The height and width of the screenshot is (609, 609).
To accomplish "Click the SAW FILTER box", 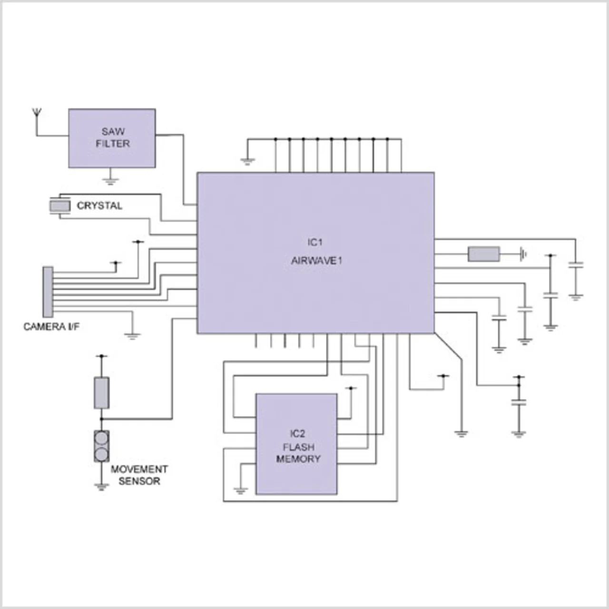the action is (112, 138).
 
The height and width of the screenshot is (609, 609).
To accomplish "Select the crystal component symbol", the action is (60, 206).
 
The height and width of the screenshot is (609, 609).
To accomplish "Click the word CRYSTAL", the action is (99, 206).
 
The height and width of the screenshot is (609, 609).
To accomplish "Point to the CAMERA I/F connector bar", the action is (48, 292).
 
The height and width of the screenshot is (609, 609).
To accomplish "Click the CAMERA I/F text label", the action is (51, 326).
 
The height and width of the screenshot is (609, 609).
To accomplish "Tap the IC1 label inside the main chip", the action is (315, 242).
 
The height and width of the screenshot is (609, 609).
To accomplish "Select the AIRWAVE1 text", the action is (317, 261).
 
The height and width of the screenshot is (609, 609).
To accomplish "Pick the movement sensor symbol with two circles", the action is (101, 446).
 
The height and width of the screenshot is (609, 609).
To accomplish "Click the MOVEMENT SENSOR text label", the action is (139, 475).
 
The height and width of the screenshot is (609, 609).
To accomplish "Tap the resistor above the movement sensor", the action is (101, 393).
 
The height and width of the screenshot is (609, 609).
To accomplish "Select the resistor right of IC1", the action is (484, 254).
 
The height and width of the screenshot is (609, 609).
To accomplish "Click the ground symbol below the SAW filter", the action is (110, 181).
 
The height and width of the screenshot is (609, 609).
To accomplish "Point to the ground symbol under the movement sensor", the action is (101, 487).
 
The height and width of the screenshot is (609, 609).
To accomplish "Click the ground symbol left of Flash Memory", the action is (240, 491).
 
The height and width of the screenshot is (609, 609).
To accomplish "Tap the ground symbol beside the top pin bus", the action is (247, 162).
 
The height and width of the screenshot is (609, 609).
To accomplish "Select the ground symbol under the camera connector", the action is (132, 336).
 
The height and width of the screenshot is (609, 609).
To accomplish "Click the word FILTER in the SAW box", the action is (113, 144).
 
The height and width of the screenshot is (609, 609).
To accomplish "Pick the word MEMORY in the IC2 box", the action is (298, 459).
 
